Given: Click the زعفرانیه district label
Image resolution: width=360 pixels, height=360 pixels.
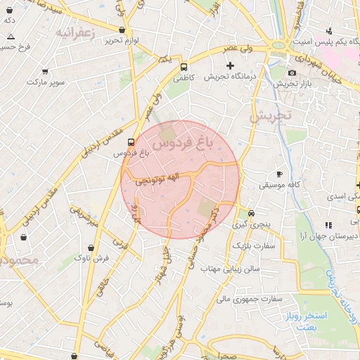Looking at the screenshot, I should coord(74,32).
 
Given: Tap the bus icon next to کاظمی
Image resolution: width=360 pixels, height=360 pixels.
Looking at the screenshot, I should coord(184,68).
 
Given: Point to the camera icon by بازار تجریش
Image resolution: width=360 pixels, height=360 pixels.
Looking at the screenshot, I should coord(292,72).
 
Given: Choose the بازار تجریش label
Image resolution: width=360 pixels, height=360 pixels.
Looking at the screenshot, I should coord(292,84).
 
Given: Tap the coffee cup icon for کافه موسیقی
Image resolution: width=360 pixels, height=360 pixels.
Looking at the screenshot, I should coord(279,174).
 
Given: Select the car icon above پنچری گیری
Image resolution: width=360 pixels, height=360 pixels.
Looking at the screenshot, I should coord(252,213).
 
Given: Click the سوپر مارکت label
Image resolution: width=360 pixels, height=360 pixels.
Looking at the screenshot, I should coord(45,82).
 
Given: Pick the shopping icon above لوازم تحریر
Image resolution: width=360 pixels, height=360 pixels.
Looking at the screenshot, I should coord(123,30).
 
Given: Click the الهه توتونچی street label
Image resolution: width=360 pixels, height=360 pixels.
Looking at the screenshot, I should coord(167,180).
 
